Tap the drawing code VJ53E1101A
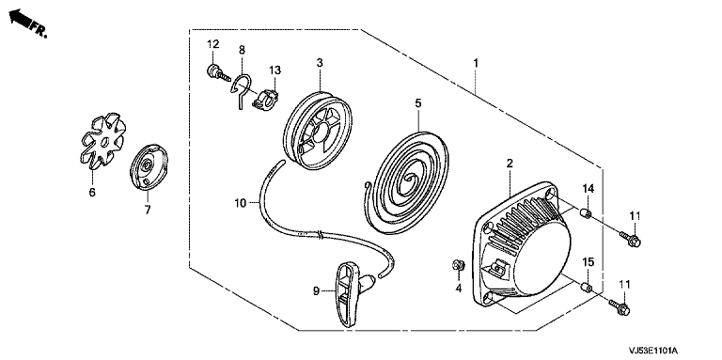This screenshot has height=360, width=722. [655, 352]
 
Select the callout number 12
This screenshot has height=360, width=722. [212, 45]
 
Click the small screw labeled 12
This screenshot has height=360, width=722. [218, 72]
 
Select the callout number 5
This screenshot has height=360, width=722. [417, 103]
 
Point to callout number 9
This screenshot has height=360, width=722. [316, 291]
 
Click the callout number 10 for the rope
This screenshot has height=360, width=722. [241, 202]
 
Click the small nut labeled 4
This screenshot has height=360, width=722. [458, 265]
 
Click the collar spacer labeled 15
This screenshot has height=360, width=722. [586, 288]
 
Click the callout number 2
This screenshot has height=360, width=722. [510, 163]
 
